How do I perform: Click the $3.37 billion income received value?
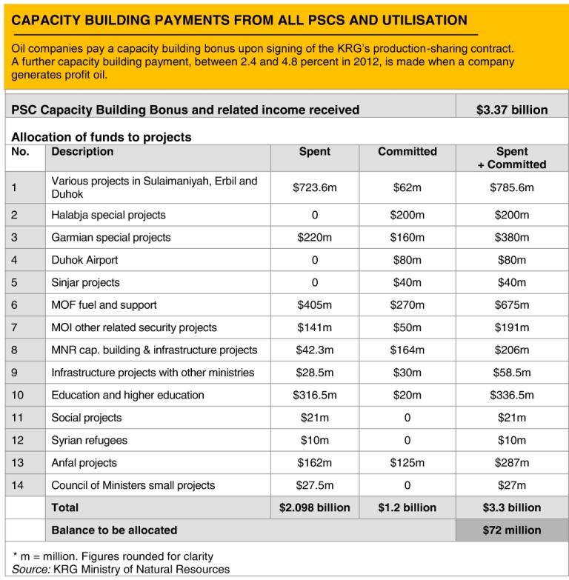coord(512,110)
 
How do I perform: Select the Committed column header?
coord(407,152)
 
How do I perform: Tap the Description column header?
coord(82,152)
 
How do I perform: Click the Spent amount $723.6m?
coord(314,187)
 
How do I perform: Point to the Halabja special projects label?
coord(108,215)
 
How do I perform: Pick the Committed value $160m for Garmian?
coord(407,238)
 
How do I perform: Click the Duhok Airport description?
coord(84,260)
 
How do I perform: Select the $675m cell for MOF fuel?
coord(512,304)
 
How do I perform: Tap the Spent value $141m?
coord(314,327)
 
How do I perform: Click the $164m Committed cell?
coord(407,350)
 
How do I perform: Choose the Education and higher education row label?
coord(127,395)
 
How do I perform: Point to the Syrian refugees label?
coord(89,440)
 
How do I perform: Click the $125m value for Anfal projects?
coord(407,463)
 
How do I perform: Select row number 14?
coord(17,485)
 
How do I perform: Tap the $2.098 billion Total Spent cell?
coord(314,507)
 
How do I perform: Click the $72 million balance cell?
coord(512,530)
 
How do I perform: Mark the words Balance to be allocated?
coord(114,530)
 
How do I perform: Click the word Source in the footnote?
coord(30,569)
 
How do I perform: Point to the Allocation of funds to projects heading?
coord(102,137)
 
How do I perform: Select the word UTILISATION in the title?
coord(425,20)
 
